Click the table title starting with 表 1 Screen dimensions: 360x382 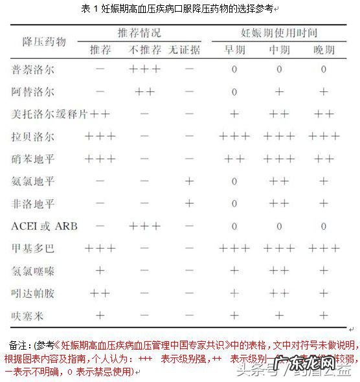coord(179,8)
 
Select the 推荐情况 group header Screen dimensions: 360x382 coord(139,32)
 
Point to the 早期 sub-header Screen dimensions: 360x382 coord(234,49)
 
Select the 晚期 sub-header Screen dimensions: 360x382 coord(323,49)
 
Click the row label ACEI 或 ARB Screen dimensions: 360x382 coord(39,226)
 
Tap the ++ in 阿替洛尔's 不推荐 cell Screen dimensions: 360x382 coord(144,92)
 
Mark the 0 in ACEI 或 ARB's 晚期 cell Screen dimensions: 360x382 coord(323,226)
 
